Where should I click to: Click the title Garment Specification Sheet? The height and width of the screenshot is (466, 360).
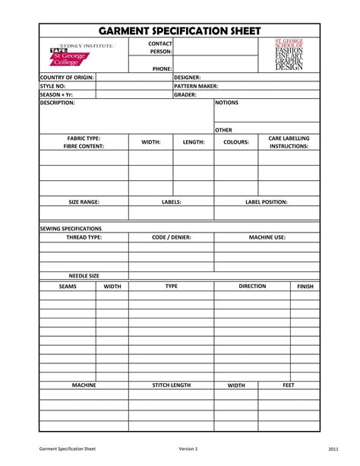coord(180,30)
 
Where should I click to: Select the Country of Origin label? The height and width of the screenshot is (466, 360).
coord(66,78)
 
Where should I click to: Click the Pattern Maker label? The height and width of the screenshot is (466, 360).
coord(196,87)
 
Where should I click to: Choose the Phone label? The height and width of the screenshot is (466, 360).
coord(162,68)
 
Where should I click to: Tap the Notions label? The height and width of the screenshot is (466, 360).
coord(227,102)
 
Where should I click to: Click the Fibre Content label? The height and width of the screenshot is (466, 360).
coord(84,145)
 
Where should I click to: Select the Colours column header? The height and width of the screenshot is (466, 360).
coord(235,142)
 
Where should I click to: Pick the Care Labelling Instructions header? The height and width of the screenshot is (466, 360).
coord(289,142)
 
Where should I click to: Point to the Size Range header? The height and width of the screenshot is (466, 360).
coord(84,202)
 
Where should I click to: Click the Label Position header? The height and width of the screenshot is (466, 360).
coord(266,202)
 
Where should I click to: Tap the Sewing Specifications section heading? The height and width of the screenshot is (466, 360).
coord(71,228)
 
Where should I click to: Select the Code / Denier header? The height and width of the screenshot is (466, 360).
coord(171,237)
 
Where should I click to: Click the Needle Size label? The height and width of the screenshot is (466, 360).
coord(84,276)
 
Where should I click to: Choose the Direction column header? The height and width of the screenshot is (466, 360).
coord(252,287)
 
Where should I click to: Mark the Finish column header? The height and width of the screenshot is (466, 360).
coord(305,287)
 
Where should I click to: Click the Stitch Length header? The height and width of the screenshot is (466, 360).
coord(171,385)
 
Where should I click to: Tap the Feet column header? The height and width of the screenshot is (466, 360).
coord(289,385)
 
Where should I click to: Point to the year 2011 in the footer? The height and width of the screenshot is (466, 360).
coord(333,449)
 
